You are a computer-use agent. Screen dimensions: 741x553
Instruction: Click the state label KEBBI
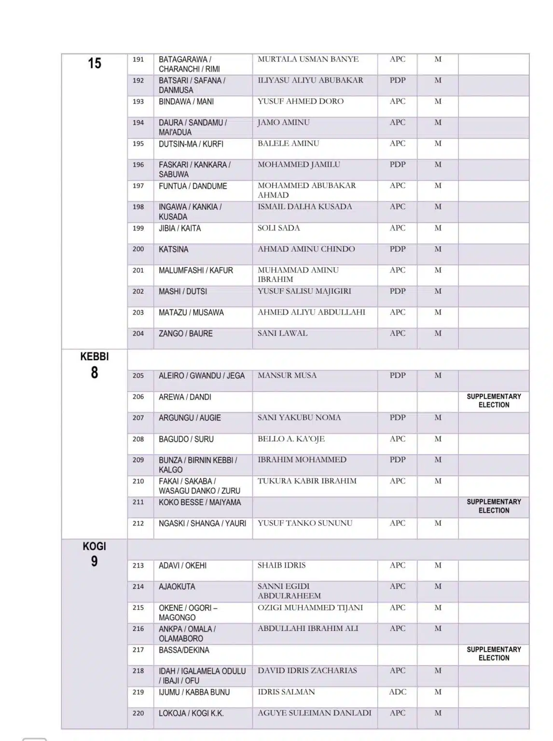[x=94, y=357]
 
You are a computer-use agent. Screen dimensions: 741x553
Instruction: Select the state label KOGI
[x=94, y=547]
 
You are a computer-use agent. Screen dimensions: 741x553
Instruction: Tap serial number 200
[x=138, y=249]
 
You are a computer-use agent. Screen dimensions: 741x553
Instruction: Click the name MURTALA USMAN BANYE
[x=308, y=59]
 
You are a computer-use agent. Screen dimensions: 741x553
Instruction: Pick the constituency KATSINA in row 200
[x=173, y=249]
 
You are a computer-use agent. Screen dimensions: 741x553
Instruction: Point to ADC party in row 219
[x=397, y=692]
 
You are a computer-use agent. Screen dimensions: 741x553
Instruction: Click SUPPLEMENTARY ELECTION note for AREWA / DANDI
[x=494, y=400]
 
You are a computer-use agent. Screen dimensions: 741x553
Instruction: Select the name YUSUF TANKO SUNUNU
[x=305, y=523]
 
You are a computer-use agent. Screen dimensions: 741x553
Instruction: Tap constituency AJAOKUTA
[x=177, y=587]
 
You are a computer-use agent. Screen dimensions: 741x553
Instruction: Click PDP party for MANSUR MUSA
[x=397, y=375]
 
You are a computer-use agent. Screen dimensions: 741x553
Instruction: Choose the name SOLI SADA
[x=278, y=228]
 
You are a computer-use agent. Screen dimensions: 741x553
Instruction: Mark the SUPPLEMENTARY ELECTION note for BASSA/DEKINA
[x=494, y=654]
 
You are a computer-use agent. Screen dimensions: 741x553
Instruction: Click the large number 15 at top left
[x=94, y=63]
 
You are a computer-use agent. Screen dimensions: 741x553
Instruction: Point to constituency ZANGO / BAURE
[x=185, y=333]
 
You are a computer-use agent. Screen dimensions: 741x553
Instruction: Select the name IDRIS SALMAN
[x=286, y=692]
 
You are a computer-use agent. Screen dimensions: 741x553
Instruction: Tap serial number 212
[x=138, y=523]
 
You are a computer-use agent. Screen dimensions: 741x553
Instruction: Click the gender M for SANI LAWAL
[x=438, y=333]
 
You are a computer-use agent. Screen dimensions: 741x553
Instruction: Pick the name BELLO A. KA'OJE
[x=291, y=439]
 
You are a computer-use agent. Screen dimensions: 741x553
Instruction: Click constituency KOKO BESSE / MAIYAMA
[x=200, y=502]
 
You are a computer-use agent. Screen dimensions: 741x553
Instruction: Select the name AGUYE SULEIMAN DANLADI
[x=314, y=713]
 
